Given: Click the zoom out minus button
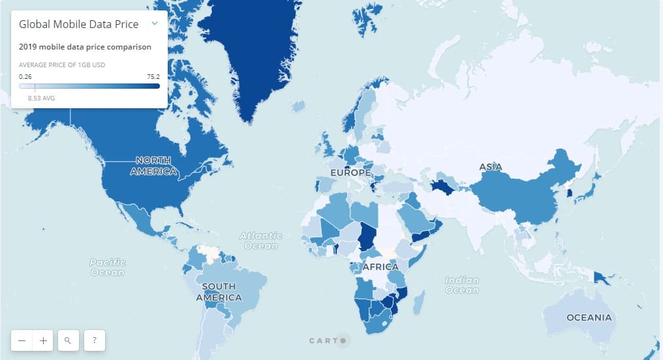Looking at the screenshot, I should (22, 340).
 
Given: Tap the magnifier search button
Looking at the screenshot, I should (68, 340).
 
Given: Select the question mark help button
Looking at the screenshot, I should (95, 340).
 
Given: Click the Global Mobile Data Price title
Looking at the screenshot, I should (79, 24).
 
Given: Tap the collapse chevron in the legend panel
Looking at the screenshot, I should (155, 23).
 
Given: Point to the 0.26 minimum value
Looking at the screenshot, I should (25, 76).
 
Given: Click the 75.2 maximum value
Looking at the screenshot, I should (153, 76).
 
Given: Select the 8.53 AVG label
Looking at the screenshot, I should (41, 98).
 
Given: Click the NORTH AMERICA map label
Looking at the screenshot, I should (154, 166).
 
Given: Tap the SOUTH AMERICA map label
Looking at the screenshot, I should (219, 292).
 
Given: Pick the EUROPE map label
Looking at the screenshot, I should (350, 173).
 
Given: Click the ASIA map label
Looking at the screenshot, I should (491, 167).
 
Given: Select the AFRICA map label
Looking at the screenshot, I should (380, 267).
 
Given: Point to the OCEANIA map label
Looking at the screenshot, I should (589, 318).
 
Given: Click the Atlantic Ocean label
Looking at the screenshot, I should (261, 241).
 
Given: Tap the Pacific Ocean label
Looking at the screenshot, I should (108, 267).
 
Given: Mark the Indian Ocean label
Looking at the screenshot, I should (462, 285).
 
